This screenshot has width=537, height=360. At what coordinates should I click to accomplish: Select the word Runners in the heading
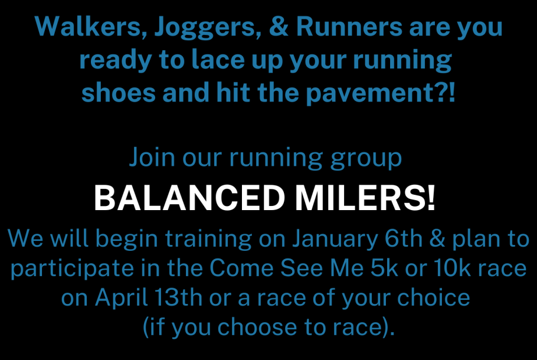tap(349, 27)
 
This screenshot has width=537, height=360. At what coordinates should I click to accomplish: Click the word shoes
tap(119, 93)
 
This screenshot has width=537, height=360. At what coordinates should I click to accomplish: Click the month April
tap(121, 298)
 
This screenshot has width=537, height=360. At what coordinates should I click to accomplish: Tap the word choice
tap(433, 297)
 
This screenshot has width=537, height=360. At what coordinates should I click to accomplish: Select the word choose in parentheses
tap(257, 327)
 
